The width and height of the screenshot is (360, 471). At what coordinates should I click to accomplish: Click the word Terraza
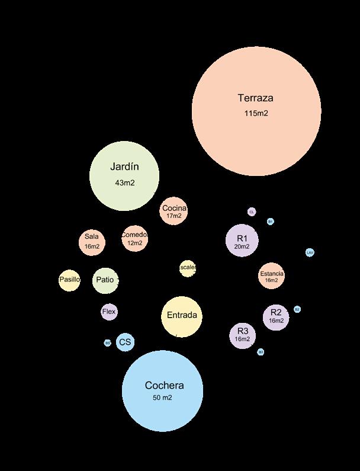click(x=255, y=98)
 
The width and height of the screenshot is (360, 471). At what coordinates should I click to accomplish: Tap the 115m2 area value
click(x=256, y=113)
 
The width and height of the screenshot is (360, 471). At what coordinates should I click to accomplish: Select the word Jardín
click(x=124, y=167)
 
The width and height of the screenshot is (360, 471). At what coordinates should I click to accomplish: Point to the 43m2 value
click(x=124, y=183)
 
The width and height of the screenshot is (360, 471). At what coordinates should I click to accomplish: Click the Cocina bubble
click(x=174, y=212)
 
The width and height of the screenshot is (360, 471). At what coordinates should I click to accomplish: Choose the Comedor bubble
click(x=134, y=238)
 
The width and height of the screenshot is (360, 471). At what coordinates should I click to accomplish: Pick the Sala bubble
click(x=92, y=241)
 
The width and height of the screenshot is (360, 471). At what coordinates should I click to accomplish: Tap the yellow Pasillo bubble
click(x=69, y=280)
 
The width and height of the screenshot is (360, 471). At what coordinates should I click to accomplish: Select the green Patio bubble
click(x=105, y=280)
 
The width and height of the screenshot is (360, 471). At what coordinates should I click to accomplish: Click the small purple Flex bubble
click(x=109, y=312)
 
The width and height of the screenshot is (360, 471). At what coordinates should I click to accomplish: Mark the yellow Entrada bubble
click(x=181, y=316)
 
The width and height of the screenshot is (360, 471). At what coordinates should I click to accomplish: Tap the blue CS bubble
click(x=125, y=342)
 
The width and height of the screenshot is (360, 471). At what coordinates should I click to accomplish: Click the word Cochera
click(x=164, y=386)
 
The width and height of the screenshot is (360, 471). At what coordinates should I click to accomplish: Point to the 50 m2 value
click(x=162, y=398)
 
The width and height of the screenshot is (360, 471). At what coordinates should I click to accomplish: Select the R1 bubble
click(x=242, y=241)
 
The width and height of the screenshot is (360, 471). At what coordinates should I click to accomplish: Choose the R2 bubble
click(x=276, y=316)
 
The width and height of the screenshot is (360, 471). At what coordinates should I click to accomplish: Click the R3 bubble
click(x=242, y=335)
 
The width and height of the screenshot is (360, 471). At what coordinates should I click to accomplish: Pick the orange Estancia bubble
click(x=271, y=276)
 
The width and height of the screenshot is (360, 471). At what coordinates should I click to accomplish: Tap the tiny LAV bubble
click(x=310, y=252)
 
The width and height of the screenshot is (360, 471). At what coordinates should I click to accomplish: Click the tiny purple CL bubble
click(x=252, y=212)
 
